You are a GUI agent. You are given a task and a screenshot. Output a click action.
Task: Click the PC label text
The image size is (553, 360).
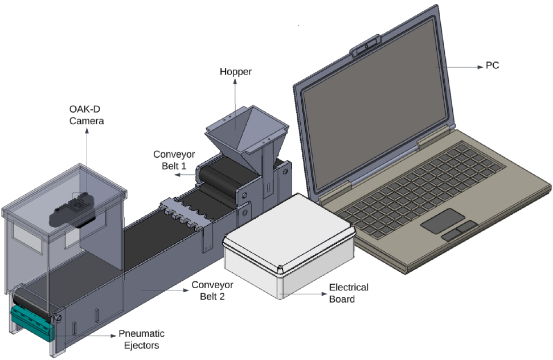tap(492, 66)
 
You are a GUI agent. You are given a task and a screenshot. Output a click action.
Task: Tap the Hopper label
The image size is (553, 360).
tap(236, 72)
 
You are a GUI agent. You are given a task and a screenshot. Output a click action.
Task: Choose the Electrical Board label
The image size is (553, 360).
tap(349, 293)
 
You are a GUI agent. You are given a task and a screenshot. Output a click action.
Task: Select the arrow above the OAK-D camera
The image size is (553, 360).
tap(87, 132)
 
